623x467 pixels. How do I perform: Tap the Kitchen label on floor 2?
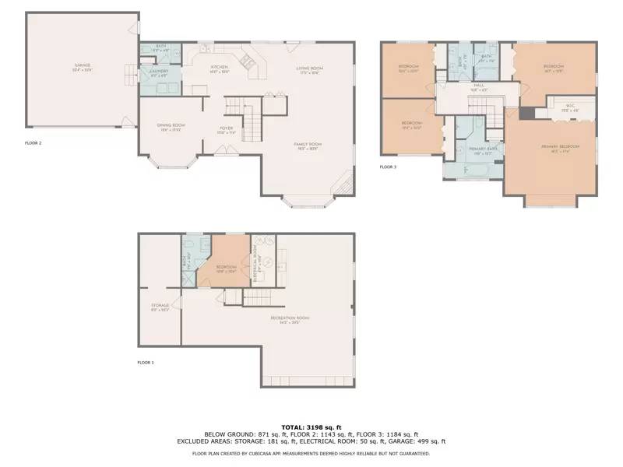click(220, 68)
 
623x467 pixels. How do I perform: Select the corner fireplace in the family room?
click(340, 187)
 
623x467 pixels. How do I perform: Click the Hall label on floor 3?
click(479, 86)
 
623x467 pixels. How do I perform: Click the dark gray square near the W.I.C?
click(526, 113)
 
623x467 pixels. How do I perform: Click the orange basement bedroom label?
click(226, 269)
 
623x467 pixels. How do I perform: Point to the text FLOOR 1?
click(146, 363)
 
